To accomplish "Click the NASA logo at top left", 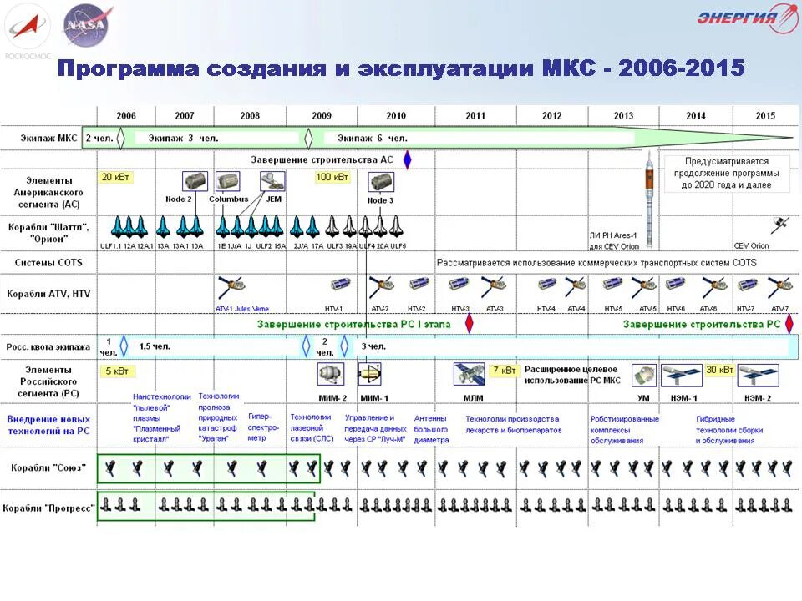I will [x=88, y=24].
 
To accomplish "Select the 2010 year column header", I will [x=396, y=116].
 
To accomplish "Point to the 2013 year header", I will [x=622, y=116].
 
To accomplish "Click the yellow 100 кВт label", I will [x=332, y=177].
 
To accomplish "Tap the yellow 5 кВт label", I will [x=116, y=371].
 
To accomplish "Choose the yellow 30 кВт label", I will [x=719, y=370].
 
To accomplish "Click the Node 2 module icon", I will [x=195, y=182].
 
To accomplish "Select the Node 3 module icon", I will [x=380, y=182].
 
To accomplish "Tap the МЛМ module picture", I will [x=470, y=373].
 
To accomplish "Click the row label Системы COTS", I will [x=48, y=262].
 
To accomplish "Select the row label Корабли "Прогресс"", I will [x=48, y=508].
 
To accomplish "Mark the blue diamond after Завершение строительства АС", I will [x=407, y=159].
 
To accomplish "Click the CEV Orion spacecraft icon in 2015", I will [x=780, y=224].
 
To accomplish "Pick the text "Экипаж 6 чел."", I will [x=372, y=138].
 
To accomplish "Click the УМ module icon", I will [x=642, y=373].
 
